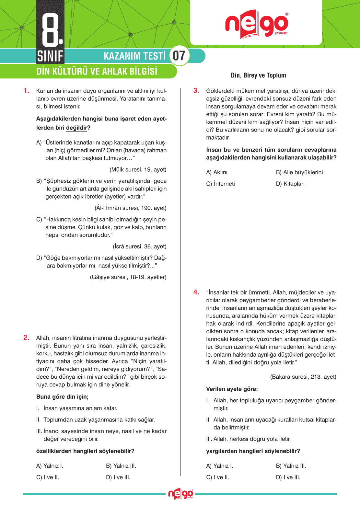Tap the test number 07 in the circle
[x=179, y=56]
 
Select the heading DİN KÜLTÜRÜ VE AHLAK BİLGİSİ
[x=97, y=71]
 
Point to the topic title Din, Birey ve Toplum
[x=258, y=75]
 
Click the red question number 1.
[x=27, y=91]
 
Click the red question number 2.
[x=27, y=338]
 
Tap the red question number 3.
[x=196, y=91]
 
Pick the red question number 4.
[x=196, y=292]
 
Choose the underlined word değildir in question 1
[x=76, y=128]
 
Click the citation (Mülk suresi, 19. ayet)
[x=138, y=170]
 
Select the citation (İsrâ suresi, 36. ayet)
[x=140, y=247]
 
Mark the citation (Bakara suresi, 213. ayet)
[x=303, y=377]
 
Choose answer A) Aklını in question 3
[x=217, y=172]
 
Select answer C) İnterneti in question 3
[x=220, y=184]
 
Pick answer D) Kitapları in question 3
[x=290, y=184]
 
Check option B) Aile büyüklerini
[x=299, y=172]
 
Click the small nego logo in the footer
[x=180, y=494]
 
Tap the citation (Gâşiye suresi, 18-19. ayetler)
[x=128, y=277]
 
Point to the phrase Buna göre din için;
[x=62, y=397]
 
